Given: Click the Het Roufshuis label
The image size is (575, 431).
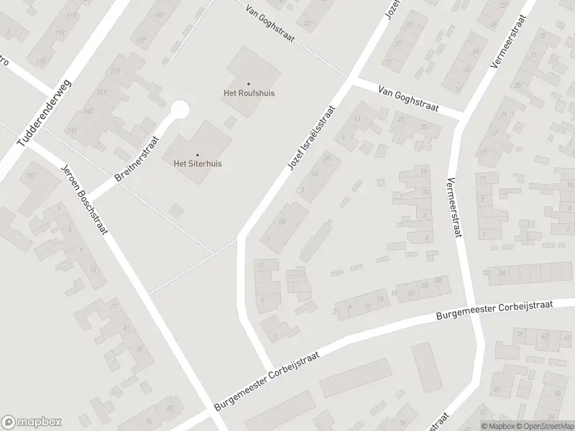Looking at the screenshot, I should (248, 93).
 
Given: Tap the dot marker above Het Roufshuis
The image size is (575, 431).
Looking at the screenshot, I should (249, 83).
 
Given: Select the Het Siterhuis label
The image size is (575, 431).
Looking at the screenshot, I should (198, 164).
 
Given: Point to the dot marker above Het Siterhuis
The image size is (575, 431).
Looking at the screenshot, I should (198, 154).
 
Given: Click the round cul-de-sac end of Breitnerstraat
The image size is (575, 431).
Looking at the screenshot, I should (179, 110).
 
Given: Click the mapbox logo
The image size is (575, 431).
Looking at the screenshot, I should (30, 422).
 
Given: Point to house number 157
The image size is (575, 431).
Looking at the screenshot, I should (30, 176).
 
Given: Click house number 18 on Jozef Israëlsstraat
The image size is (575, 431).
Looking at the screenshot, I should (282, 223).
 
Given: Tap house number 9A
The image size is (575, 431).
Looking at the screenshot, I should (313, 175).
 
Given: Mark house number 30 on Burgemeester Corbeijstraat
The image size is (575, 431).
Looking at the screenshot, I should (438, 281).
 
